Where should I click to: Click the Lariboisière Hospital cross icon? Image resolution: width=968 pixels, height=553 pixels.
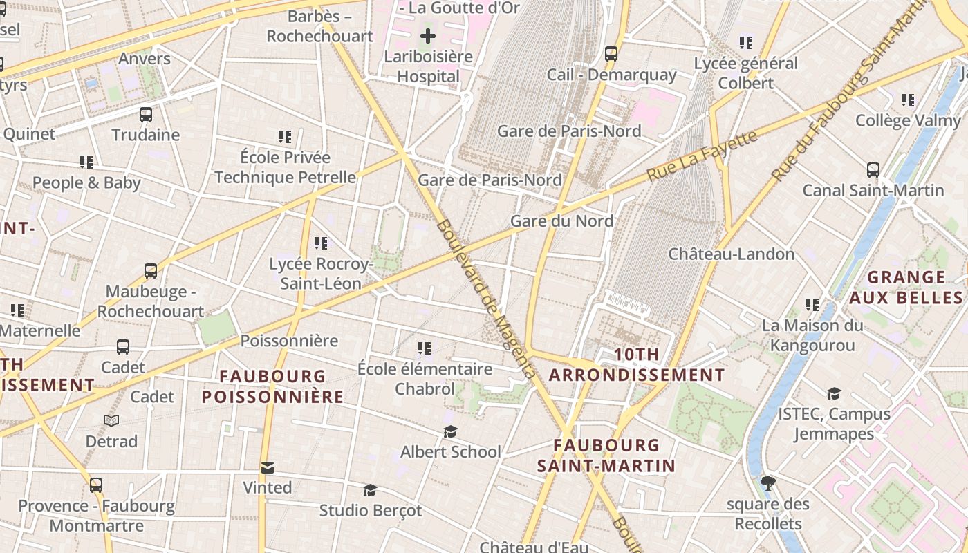point(428,35)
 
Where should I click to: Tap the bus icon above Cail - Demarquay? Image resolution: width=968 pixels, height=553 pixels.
point(611,53)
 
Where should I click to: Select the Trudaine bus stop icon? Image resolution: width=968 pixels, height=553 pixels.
point(146,115)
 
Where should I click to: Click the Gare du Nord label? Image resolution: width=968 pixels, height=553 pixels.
point(561,221)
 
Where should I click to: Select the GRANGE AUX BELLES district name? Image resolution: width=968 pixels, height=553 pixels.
point(906,288)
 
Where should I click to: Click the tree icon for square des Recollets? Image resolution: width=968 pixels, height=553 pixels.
point(767,482)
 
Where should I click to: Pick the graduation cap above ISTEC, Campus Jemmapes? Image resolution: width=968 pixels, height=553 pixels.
point(834,393)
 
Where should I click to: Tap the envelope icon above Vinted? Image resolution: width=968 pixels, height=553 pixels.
point(268,468)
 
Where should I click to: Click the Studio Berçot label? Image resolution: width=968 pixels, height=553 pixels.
point(370,511)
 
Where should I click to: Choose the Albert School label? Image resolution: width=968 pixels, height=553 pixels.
point(450,451)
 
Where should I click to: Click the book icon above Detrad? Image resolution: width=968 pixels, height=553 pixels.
point(111,420)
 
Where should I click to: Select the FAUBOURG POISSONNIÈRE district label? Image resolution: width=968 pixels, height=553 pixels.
point(272,386)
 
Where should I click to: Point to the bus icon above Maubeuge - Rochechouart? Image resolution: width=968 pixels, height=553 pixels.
point(151,271)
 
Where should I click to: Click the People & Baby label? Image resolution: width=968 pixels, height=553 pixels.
point(86,183)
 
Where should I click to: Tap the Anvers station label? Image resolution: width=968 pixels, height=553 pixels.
point(144,59)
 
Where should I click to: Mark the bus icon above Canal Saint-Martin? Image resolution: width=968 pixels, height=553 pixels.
point(873,170)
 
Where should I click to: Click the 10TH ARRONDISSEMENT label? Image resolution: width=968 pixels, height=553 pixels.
point(637,365)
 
